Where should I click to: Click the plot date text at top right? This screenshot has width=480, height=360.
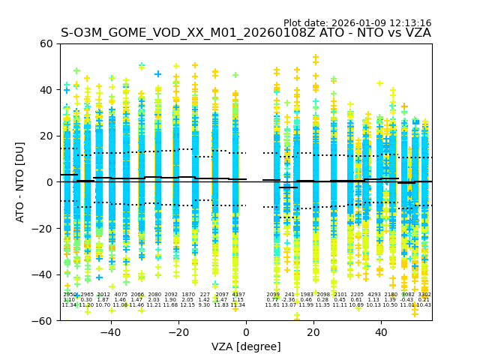pos(357,23)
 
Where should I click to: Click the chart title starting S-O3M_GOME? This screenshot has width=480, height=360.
pos(246,33)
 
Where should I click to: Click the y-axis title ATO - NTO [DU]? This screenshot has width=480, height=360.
pos(20,182)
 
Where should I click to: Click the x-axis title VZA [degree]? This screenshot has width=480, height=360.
pos(246,346)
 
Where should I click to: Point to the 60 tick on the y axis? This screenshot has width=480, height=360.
pos(46,43)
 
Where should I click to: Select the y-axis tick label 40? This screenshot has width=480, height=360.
pos(46,90)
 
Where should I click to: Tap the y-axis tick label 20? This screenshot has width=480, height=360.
pos(46,136)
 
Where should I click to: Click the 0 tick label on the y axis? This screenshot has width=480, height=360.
pos(49,182)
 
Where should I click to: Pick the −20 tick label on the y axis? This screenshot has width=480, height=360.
pos(43,228)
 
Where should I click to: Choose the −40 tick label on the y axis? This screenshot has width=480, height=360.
pos(43,274)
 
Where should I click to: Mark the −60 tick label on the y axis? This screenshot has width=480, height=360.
pos(43,320)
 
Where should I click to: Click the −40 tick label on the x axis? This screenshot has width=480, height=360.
pos(110,331)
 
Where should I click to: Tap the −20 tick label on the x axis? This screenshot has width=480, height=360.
pos(178,331)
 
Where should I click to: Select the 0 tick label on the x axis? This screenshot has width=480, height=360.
pos(246,331)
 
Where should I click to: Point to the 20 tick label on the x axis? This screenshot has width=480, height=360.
pos(313,331)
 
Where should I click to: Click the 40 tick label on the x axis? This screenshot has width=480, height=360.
pos(381,331)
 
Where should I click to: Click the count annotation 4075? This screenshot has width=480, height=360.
pos(121,295)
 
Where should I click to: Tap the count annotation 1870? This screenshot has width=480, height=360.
pos(188,295)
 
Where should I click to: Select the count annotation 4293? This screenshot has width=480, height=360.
pos(374,295)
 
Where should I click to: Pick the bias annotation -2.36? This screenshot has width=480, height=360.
pos(289,300)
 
